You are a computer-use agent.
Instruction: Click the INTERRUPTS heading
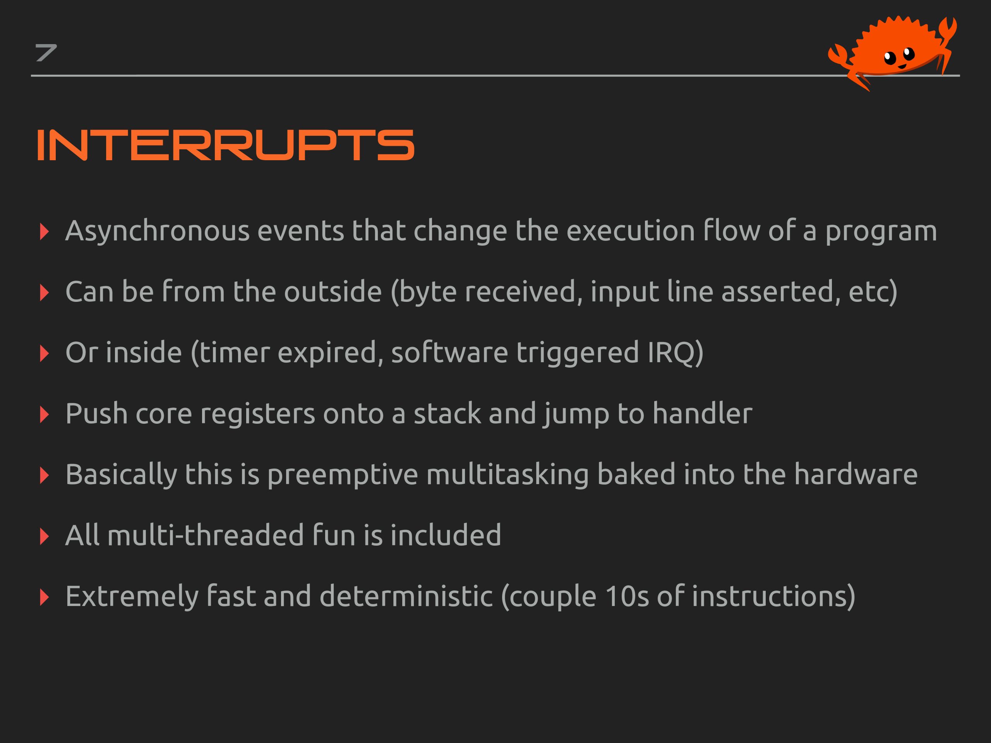pyautogui.click(x=225, y=145)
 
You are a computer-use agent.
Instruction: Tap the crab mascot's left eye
pyautogui.click(x=889, y=57)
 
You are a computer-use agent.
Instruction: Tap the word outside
pyautogui.click(x=333, y=291)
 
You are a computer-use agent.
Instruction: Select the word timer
pyautogui.click(x=234, y=353)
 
